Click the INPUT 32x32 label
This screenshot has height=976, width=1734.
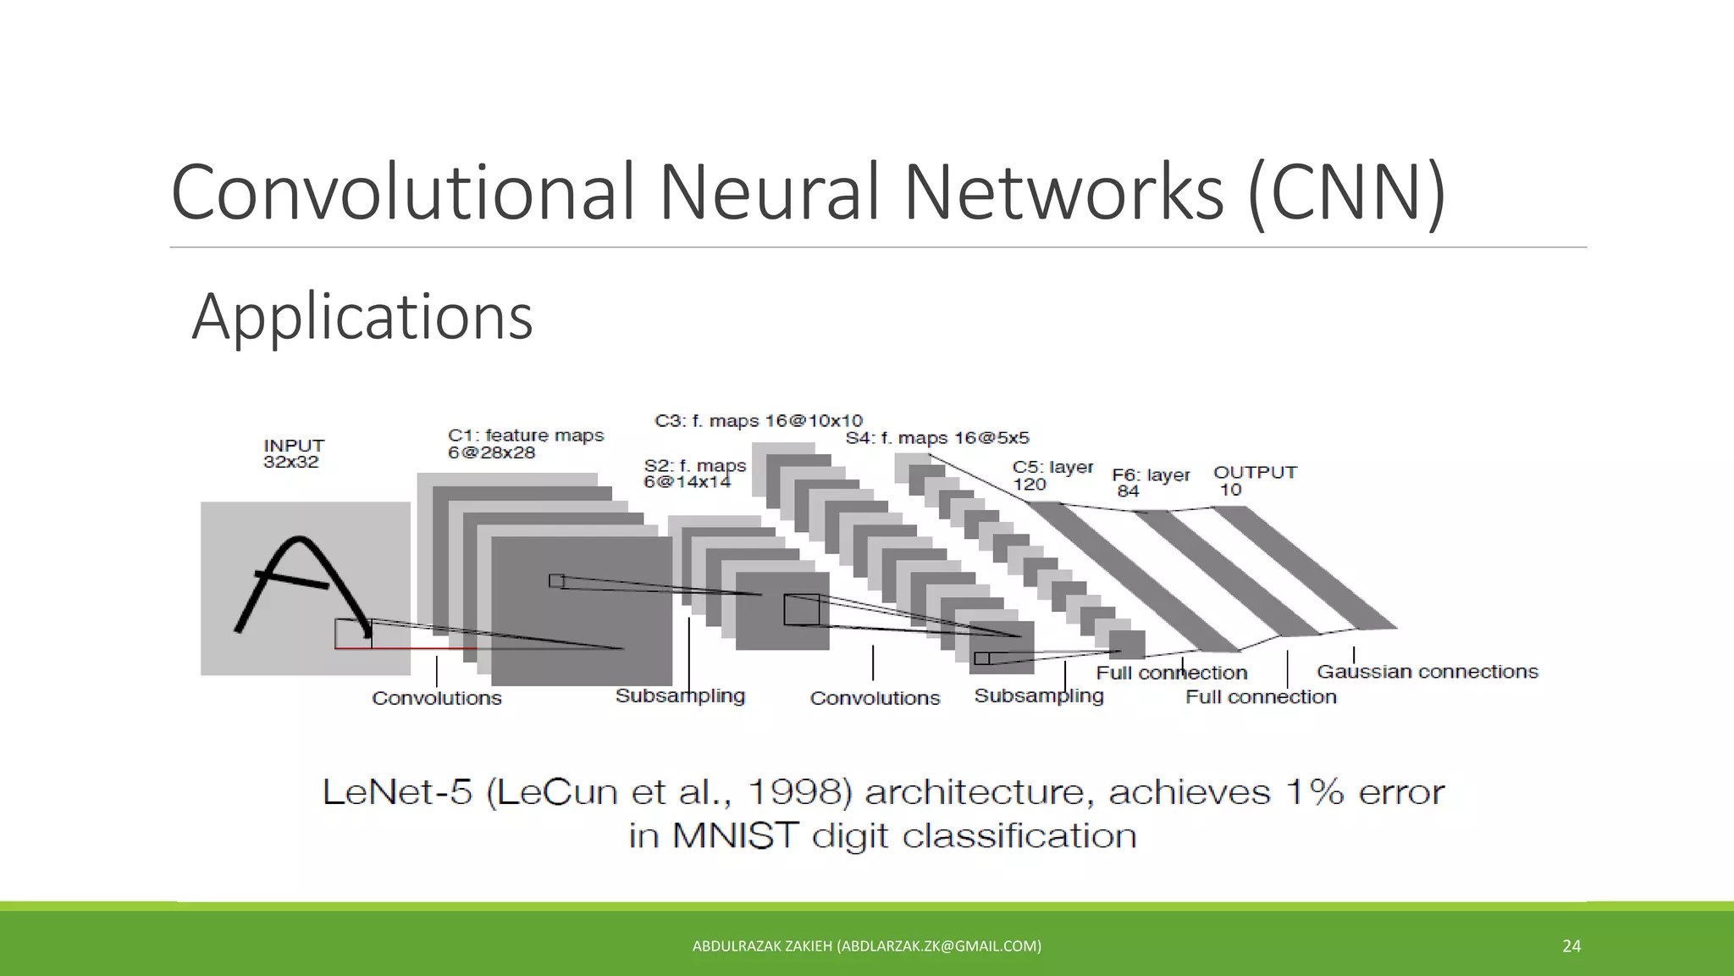point(293,453)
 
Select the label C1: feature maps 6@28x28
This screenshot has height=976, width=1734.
point(525,444)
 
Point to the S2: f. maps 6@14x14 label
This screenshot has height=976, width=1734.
point(694,474)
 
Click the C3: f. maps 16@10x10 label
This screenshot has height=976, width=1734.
point(759,421)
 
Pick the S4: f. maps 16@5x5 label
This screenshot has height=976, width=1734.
point(937,438)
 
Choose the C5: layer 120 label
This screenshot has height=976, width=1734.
point(1052,475)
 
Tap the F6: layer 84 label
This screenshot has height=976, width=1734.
point(1150,483)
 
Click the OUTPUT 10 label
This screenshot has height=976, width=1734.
point(1254,480)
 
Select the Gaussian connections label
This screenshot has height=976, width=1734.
point(1427,672)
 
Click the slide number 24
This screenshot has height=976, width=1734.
point(1571,946)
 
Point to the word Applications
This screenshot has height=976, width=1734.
point(362,317)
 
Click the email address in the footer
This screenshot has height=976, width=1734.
point(939,946)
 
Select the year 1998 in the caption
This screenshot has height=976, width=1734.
point(800,792)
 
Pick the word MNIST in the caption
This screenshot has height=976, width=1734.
point(735,836)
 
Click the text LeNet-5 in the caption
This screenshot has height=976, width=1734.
point(396,792)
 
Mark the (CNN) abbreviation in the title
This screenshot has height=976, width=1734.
point(1347,192)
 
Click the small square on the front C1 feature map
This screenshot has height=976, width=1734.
point(556,581)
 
